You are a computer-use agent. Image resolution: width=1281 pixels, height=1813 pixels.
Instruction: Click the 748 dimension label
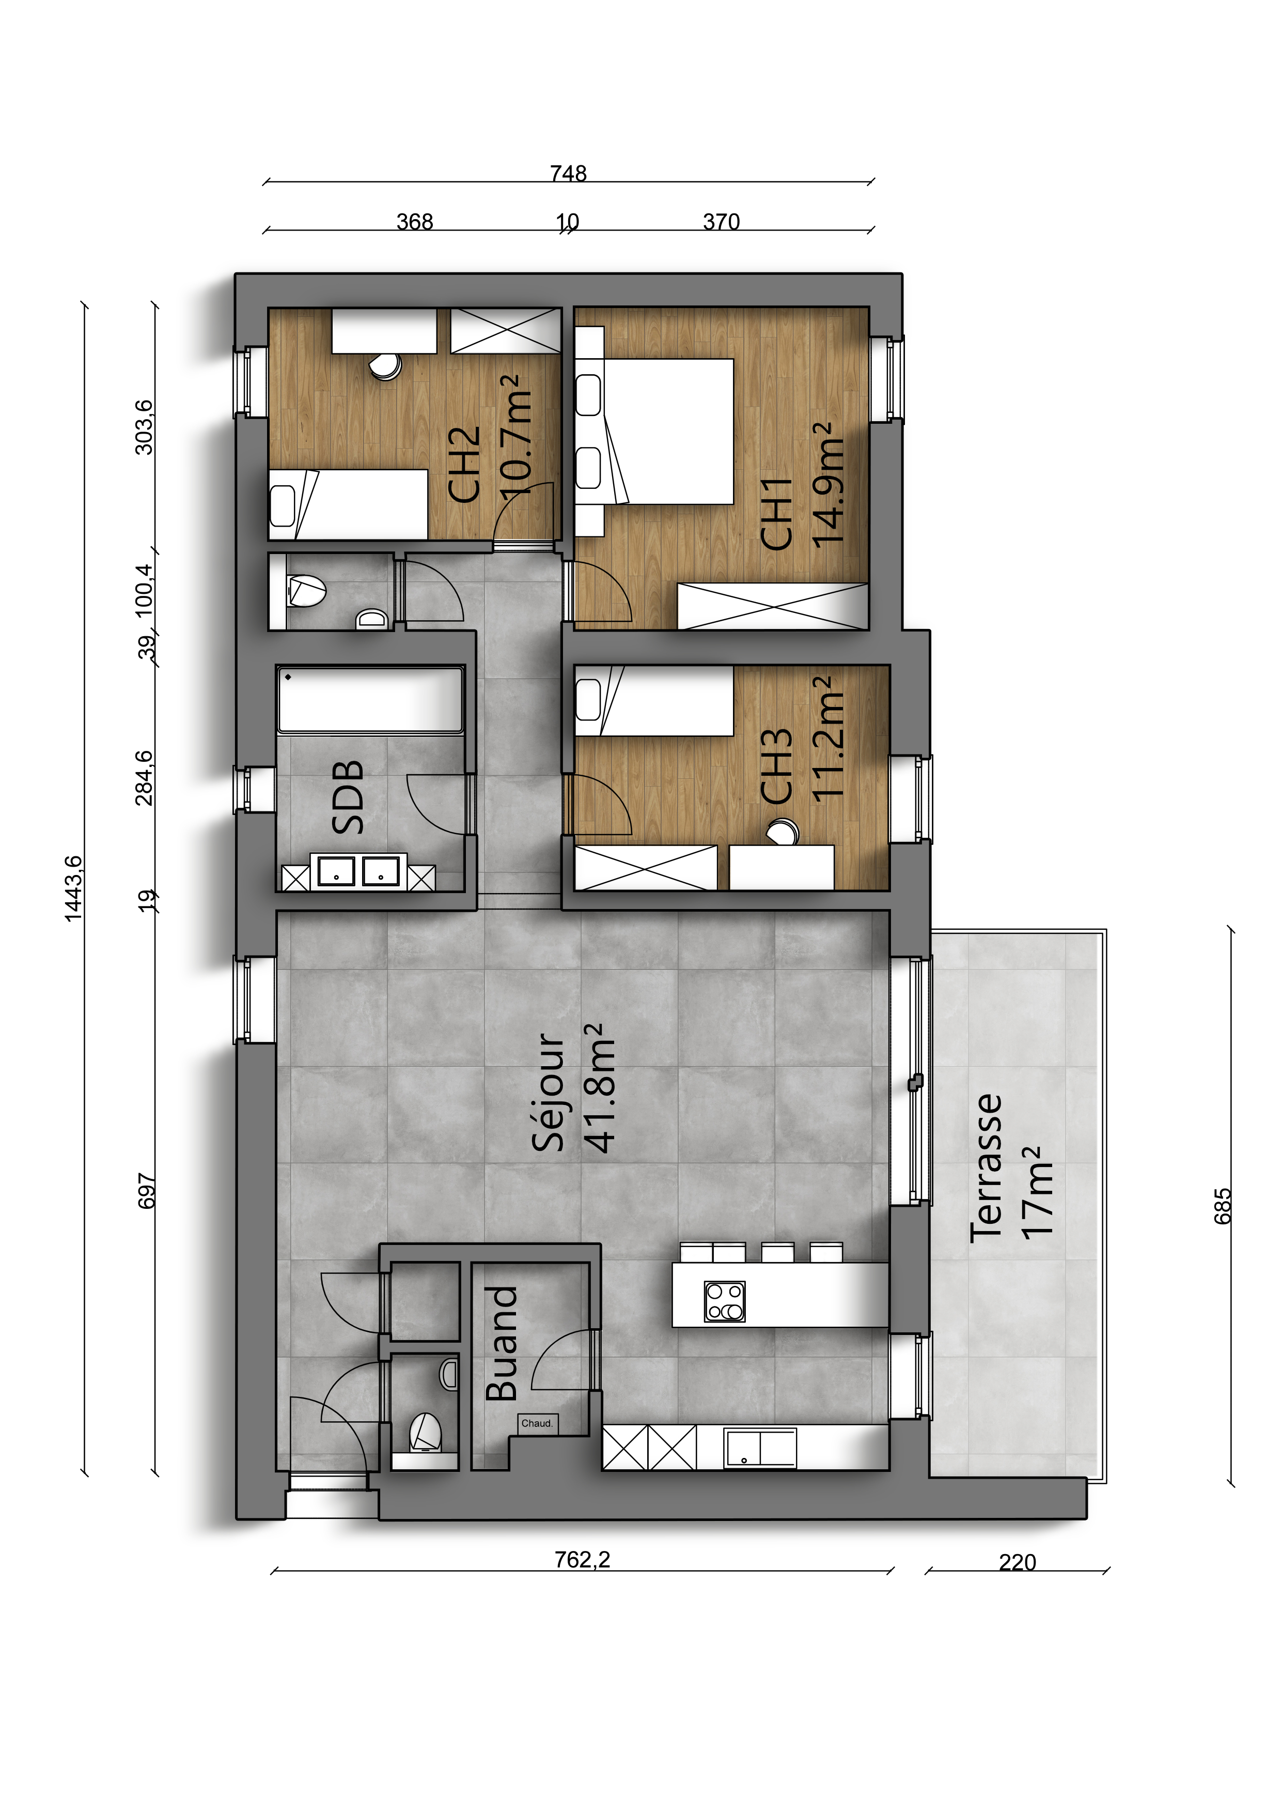tap(568, 173)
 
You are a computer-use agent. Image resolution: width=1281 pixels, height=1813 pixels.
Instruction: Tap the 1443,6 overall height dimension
tap(73, 888)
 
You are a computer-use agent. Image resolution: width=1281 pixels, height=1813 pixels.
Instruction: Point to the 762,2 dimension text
tap(583, 1560)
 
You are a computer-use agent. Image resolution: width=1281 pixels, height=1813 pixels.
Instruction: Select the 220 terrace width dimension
tap(1018, 1562)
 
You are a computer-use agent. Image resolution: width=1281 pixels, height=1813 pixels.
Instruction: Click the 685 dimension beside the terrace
tap(1222, 1207)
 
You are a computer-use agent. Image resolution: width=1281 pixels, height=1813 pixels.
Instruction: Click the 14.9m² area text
tap(828, 485)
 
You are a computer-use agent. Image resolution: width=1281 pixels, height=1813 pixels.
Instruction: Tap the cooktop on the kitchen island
tap(725, 1301)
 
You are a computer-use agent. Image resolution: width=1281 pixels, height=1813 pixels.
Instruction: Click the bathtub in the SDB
tap(370, 700)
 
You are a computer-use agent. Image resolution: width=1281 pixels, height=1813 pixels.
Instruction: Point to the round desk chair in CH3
tap(782, 832)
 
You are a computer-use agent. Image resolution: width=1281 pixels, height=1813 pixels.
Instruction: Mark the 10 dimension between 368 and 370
tap(568, 221)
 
